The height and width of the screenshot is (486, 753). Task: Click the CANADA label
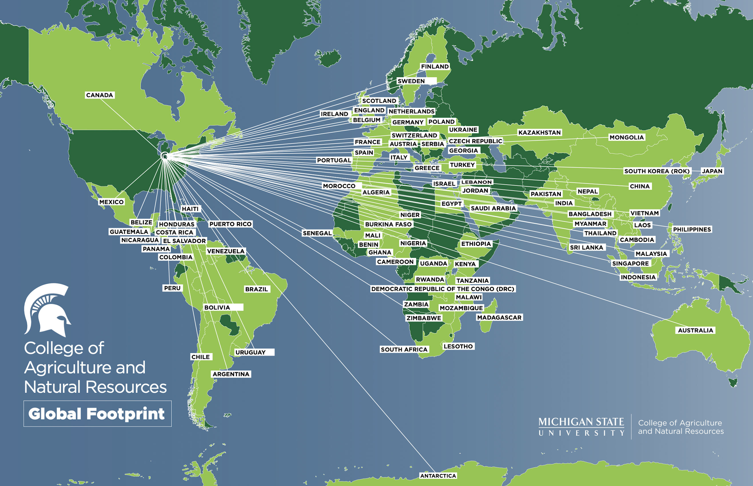tap(99, 95)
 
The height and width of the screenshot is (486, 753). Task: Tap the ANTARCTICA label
tap(438, 476)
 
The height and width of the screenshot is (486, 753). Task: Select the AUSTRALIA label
tap(695, 330)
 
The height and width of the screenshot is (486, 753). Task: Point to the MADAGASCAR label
tap(499, 317)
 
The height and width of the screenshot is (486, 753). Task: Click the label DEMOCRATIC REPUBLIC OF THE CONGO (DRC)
tap(443, 289)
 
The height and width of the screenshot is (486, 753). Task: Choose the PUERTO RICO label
tap(230, 224)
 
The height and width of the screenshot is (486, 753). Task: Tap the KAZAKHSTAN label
tap(539, 132)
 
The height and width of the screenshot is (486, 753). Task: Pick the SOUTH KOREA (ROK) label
tap(657, 171)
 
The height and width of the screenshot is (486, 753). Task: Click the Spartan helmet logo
tap(47, 310)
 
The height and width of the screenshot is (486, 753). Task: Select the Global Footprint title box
tap(97, 413)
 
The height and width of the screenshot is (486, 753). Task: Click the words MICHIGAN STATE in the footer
tap(581, 422)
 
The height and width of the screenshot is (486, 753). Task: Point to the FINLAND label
tap(435, 67)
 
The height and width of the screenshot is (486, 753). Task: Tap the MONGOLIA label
tap(626, 137)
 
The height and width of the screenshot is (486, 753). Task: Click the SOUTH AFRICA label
tap(404, 349)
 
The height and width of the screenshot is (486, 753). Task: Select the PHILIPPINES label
tap(692, 229)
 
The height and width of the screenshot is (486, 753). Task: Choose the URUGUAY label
tap(250, 352)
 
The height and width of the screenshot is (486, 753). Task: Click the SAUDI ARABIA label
tap(493, 208)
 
